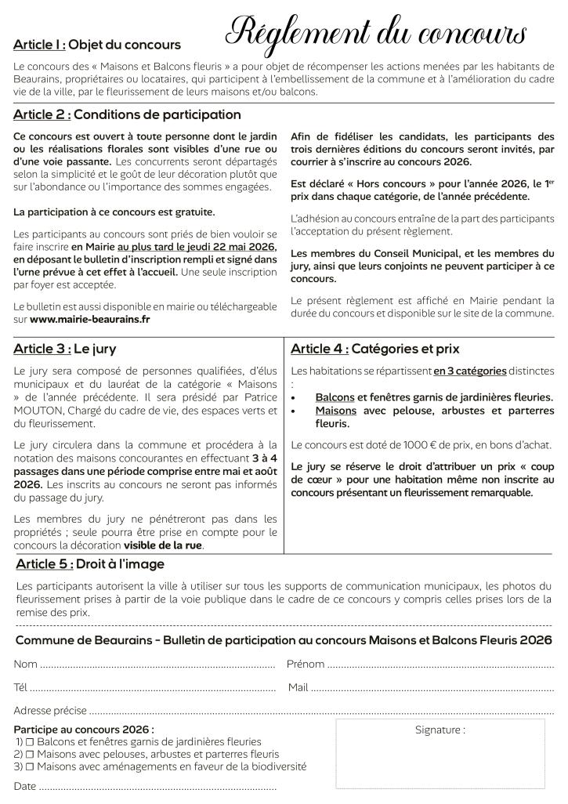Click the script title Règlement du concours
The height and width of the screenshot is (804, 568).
pyautogui.click(x=376, y=33)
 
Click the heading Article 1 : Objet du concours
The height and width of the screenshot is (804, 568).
pyautogui.click(x=97, y=45)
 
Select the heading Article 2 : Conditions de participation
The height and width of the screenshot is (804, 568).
pyautogui.click(x=127, y=114)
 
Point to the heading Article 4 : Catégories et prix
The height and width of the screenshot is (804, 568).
pyautogui.click(x=374, y=349)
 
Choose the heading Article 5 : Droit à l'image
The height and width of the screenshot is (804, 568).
pyautogui.click(x=90, y=563)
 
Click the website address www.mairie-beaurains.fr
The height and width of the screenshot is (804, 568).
pyautogui.click(x=90, y=320)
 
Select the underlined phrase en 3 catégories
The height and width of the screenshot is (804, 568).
pyautogui.click(x=470, y=370)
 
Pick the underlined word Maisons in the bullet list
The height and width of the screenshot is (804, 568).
pyautogui.click(x=336, y=410)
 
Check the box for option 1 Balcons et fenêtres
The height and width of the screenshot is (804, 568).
pyautogui.click(x=29, y=741)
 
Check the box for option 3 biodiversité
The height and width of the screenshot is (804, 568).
pyautogui.click(x=29, y=766)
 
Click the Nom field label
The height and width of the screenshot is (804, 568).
pyautogui.click(x=25, y=665)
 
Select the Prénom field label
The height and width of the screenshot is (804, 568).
pyautogui.click(x=306, y=665)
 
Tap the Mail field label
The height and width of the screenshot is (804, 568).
pyautogui.click(x=298, y=687)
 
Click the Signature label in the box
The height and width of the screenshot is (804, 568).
pyautogui.click(x=440, y=730)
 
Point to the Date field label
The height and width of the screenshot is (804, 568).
pyautogui.click(x=25, y=786)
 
